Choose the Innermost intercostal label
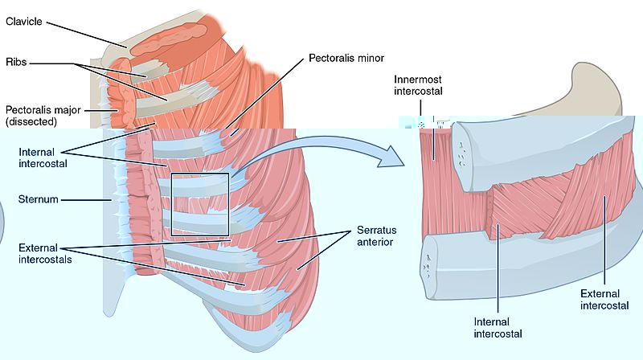(419, 85)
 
